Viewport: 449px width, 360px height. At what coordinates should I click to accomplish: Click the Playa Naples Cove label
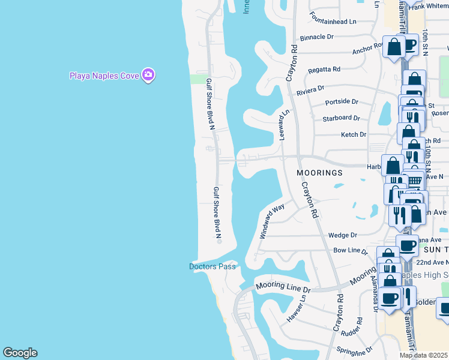pyautogui.click(x=104, y=76)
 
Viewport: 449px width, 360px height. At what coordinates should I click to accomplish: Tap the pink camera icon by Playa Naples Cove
pyautogui.click(x=148, y=75)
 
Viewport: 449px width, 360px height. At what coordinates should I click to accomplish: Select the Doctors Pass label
pyautogui.click(x=213, y=266)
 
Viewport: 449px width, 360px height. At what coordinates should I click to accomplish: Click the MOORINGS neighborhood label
pyautogui.click(x=320, y=173)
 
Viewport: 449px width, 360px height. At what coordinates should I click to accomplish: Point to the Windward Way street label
pyautogui.click(x=272, y=221)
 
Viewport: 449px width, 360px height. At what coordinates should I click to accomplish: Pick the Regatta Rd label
pyautogui.click(x=324, y=70)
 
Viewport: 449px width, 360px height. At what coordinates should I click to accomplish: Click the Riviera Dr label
pyautogui.click(x=310, y=90)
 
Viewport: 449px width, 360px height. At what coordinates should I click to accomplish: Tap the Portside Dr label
pyautogui.click(x=342, y=103)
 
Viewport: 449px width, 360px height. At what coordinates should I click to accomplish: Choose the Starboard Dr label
pyautogui.click(x=341, y=118)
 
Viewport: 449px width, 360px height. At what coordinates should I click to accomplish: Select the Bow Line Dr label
pyautogui.click(x=350, y=251)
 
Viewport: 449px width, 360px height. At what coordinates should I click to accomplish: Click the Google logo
pyautogui.click(x=20, y=353)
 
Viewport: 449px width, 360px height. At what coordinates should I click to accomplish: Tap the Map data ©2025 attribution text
pyautogui.click(x=424, y=355)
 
